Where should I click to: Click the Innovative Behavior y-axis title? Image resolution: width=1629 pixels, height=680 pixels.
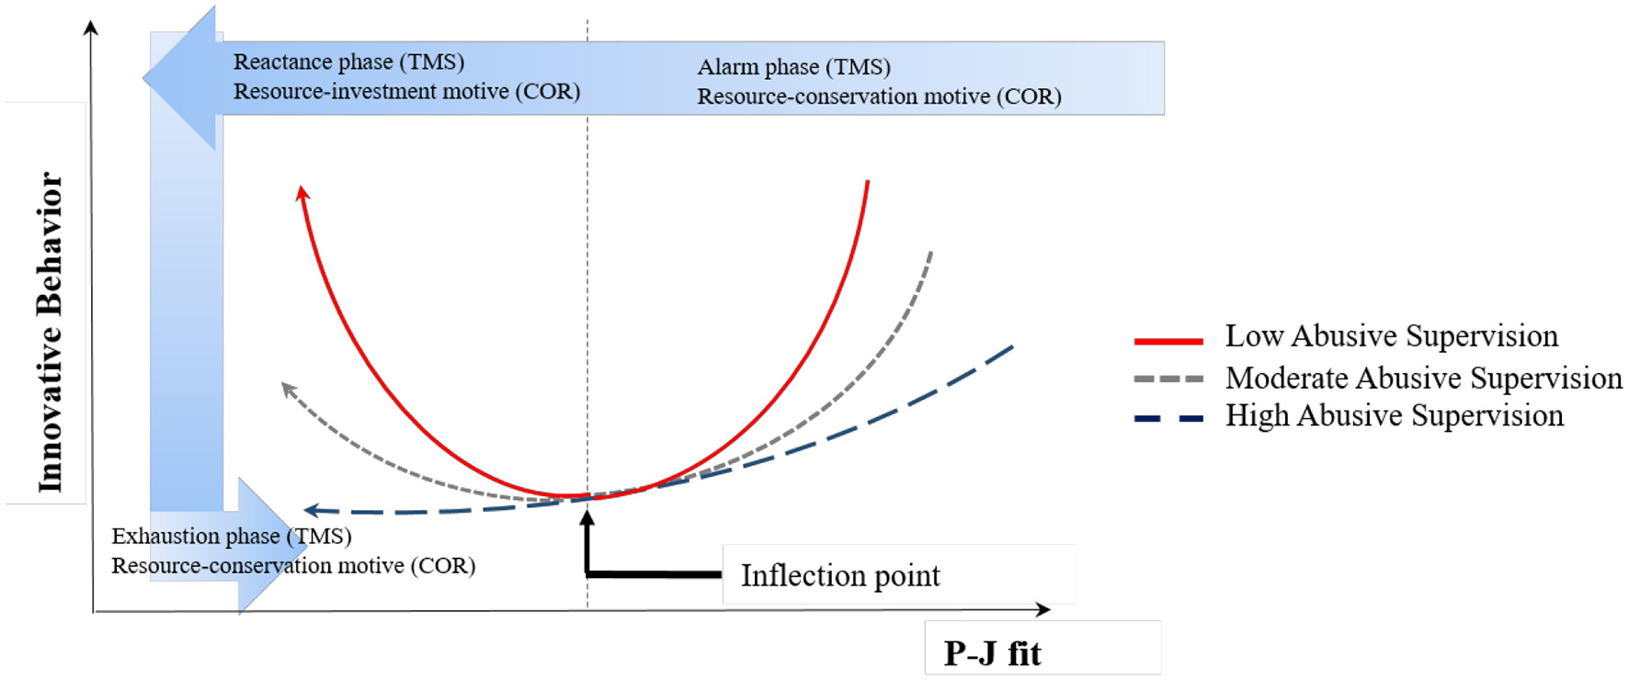pos(50,332)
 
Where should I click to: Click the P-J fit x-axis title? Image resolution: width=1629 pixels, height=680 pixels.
pos(992,653)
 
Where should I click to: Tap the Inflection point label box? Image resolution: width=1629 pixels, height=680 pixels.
pos(840,575)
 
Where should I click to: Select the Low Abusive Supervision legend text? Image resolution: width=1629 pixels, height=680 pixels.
pos(1391,336)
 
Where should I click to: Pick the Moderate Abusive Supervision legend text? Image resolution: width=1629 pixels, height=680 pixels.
pos(1423,378)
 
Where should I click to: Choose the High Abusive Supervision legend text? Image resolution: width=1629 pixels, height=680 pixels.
pos(1394,415)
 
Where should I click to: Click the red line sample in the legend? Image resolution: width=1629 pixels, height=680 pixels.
pos(1168,341)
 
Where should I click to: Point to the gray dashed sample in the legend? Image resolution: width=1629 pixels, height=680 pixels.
pos(1168,379)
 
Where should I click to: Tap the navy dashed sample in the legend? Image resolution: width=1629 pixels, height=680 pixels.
pos(1168,418)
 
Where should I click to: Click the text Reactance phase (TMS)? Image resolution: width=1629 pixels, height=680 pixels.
pos(348,62)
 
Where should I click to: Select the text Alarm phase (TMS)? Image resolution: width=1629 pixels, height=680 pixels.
pos(793,67)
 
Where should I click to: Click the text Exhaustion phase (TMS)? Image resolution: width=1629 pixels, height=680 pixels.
pos(231,536)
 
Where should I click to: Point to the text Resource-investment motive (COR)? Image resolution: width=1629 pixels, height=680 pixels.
pos(406,91)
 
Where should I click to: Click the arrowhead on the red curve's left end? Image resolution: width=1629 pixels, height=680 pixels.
pos(302,192)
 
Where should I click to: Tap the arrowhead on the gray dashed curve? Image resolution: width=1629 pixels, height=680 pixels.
pos(288,390)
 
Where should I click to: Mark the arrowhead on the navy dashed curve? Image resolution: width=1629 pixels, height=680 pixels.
pos(311,510)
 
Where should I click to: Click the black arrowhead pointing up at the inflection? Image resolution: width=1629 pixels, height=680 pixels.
pos(587,518)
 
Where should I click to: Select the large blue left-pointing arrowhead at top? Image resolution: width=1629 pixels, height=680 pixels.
pos(181,78)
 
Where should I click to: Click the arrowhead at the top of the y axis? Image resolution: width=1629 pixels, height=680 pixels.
pos(90,28)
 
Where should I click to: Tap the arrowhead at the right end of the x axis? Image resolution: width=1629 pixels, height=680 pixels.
pos(1042,609)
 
